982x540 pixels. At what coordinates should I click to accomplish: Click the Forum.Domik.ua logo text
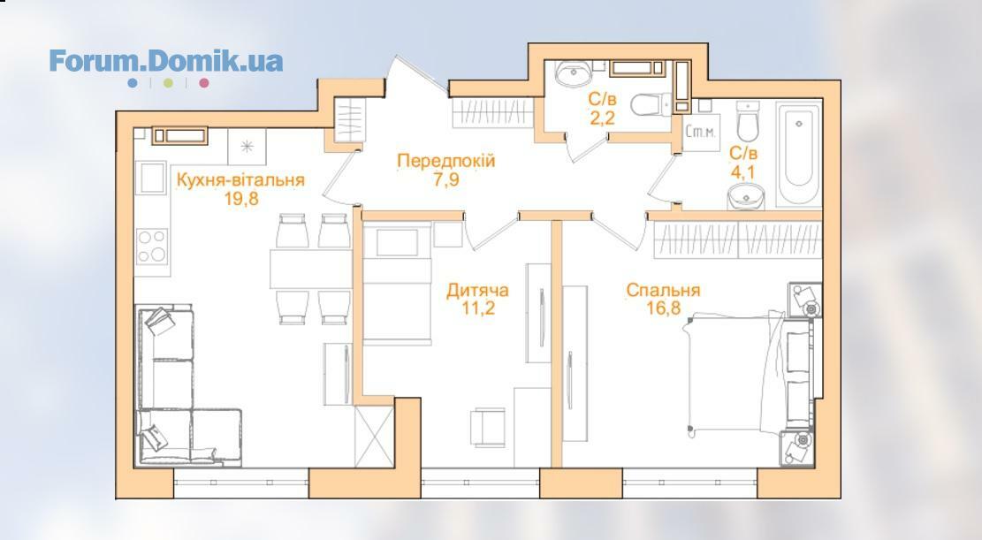point(166,61)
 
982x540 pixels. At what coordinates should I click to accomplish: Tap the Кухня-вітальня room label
point(240,180)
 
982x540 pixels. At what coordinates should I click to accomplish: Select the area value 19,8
point(241,199)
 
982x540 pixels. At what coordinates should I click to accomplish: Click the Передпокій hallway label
point(445,161)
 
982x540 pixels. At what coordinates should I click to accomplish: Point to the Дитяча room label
point(477,291)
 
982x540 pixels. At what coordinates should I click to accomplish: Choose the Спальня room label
point(663,291)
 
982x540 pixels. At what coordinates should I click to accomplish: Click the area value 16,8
point(664,307)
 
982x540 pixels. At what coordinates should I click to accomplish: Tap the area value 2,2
point(602,118)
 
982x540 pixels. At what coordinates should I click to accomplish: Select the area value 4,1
point(743,171)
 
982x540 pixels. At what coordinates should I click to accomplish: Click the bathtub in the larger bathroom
point(798,154)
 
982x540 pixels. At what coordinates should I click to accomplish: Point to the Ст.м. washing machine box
point(701,133)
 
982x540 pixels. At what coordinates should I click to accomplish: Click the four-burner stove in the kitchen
point(152,246)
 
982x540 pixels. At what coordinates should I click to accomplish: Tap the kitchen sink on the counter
point(152,179)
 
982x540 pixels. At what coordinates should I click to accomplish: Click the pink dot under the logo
point(203,83)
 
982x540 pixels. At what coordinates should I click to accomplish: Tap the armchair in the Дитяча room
point(488,428)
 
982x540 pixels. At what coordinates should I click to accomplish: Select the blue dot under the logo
point(133,83)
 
